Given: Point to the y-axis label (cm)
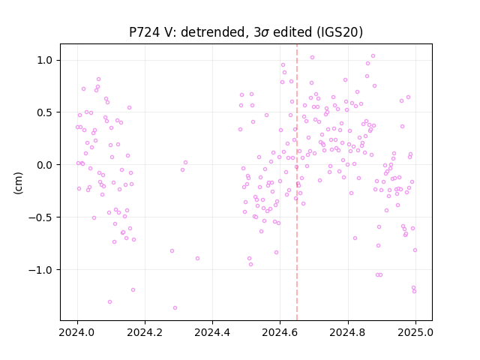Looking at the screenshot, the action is point(18,183).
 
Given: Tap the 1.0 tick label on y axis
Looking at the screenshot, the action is point(45,60).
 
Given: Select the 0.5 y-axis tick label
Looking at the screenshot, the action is point(45,112).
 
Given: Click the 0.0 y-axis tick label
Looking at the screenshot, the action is point(45,165).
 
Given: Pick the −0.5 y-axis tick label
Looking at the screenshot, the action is point(41,217).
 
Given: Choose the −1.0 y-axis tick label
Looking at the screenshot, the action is point(41,270).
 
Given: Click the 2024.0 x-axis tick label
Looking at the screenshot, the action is point(77,332).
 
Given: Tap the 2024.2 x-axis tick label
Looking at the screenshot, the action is point(145,332).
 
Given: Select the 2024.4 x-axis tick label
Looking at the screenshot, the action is point(212,332).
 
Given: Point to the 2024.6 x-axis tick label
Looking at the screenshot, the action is point(280,332).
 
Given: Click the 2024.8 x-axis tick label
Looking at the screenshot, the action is point(348,332).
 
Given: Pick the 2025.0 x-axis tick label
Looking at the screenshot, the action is point(415,332).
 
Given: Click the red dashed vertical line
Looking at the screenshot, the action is point(297,182).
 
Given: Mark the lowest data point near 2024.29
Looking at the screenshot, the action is point(175,307).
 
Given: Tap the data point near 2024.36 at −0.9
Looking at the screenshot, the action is point(197,258).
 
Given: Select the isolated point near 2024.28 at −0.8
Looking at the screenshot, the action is point(172,250).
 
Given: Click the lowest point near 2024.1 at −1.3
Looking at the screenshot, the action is point(110,301).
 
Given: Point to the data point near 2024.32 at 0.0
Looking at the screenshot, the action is point(185,163).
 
